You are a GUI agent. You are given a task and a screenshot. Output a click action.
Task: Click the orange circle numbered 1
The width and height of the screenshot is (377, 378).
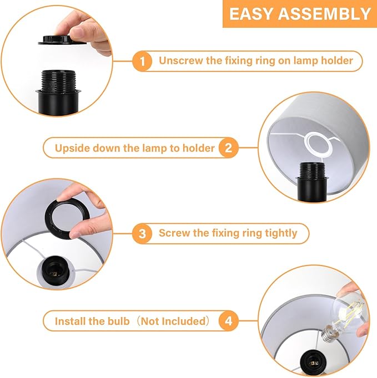143,61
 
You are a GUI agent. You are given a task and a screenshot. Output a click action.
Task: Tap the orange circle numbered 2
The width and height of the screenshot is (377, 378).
228,148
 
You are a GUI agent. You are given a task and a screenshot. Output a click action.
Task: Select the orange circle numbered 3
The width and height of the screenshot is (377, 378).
143,233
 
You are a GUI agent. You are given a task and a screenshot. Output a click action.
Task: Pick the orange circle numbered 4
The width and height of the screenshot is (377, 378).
228,321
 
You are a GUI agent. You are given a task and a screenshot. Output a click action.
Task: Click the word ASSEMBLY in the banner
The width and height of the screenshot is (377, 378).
324,14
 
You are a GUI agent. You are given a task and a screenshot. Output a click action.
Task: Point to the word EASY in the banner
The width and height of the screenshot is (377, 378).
251,14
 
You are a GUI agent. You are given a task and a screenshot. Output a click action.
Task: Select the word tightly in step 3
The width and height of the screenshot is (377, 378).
281,233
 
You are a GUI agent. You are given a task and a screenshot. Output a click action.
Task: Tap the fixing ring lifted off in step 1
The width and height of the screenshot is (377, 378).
62,40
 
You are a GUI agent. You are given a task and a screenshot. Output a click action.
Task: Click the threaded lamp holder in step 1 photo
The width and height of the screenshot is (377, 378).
58,91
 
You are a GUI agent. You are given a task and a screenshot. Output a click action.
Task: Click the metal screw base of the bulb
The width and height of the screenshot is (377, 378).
329,334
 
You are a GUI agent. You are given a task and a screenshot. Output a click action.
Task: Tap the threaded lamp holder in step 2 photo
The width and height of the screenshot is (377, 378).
312,181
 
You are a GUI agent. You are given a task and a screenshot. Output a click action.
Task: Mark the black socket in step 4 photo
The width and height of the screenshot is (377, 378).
313,362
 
